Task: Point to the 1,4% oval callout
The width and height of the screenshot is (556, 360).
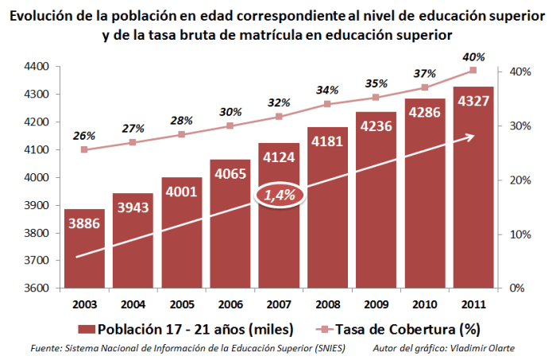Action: [279, 195]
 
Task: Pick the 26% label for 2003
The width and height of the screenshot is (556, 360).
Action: [84, 136]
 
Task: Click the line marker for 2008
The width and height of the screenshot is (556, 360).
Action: [327, 104]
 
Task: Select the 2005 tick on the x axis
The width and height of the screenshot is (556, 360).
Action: [181, 304]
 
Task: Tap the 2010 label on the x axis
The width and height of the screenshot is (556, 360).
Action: [424, 304]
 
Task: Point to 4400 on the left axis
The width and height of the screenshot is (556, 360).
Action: [37, 67]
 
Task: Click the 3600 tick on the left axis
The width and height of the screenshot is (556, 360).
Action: [37, 288]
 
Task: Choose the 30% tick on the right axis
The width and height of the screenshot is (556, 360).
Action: [520, 126]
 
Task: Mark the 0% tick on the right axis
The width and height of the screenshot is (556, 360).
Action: [517, 288]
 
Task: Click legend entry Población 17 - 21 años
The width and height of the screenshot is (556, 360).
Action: [187, 328]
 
